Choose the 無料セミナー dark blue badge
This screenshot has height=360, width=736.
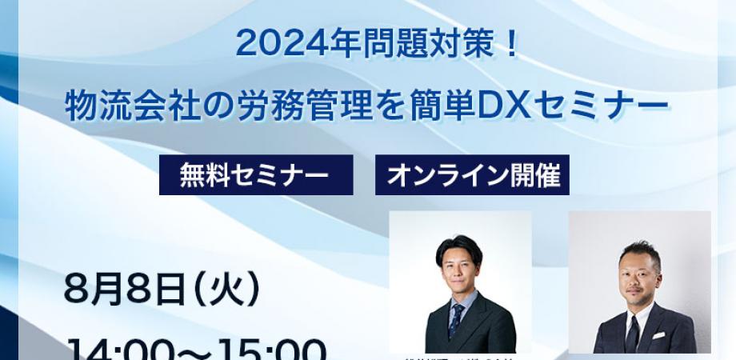tap(256, 175)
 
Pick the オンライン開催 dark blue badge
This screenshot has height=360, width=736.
tap(472, 175)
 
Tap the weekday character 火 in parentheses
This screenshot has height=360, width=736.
tap(236, 289)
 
